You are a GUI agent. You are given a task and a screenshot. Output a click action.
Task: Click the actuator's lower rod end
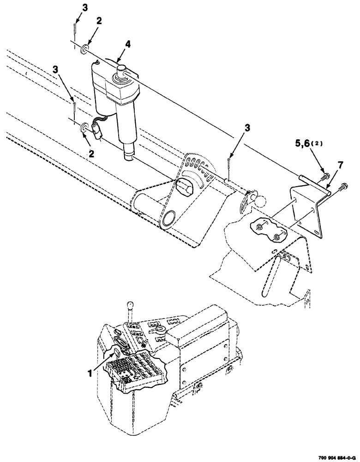pyautogui.click(x=130, y=153)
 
